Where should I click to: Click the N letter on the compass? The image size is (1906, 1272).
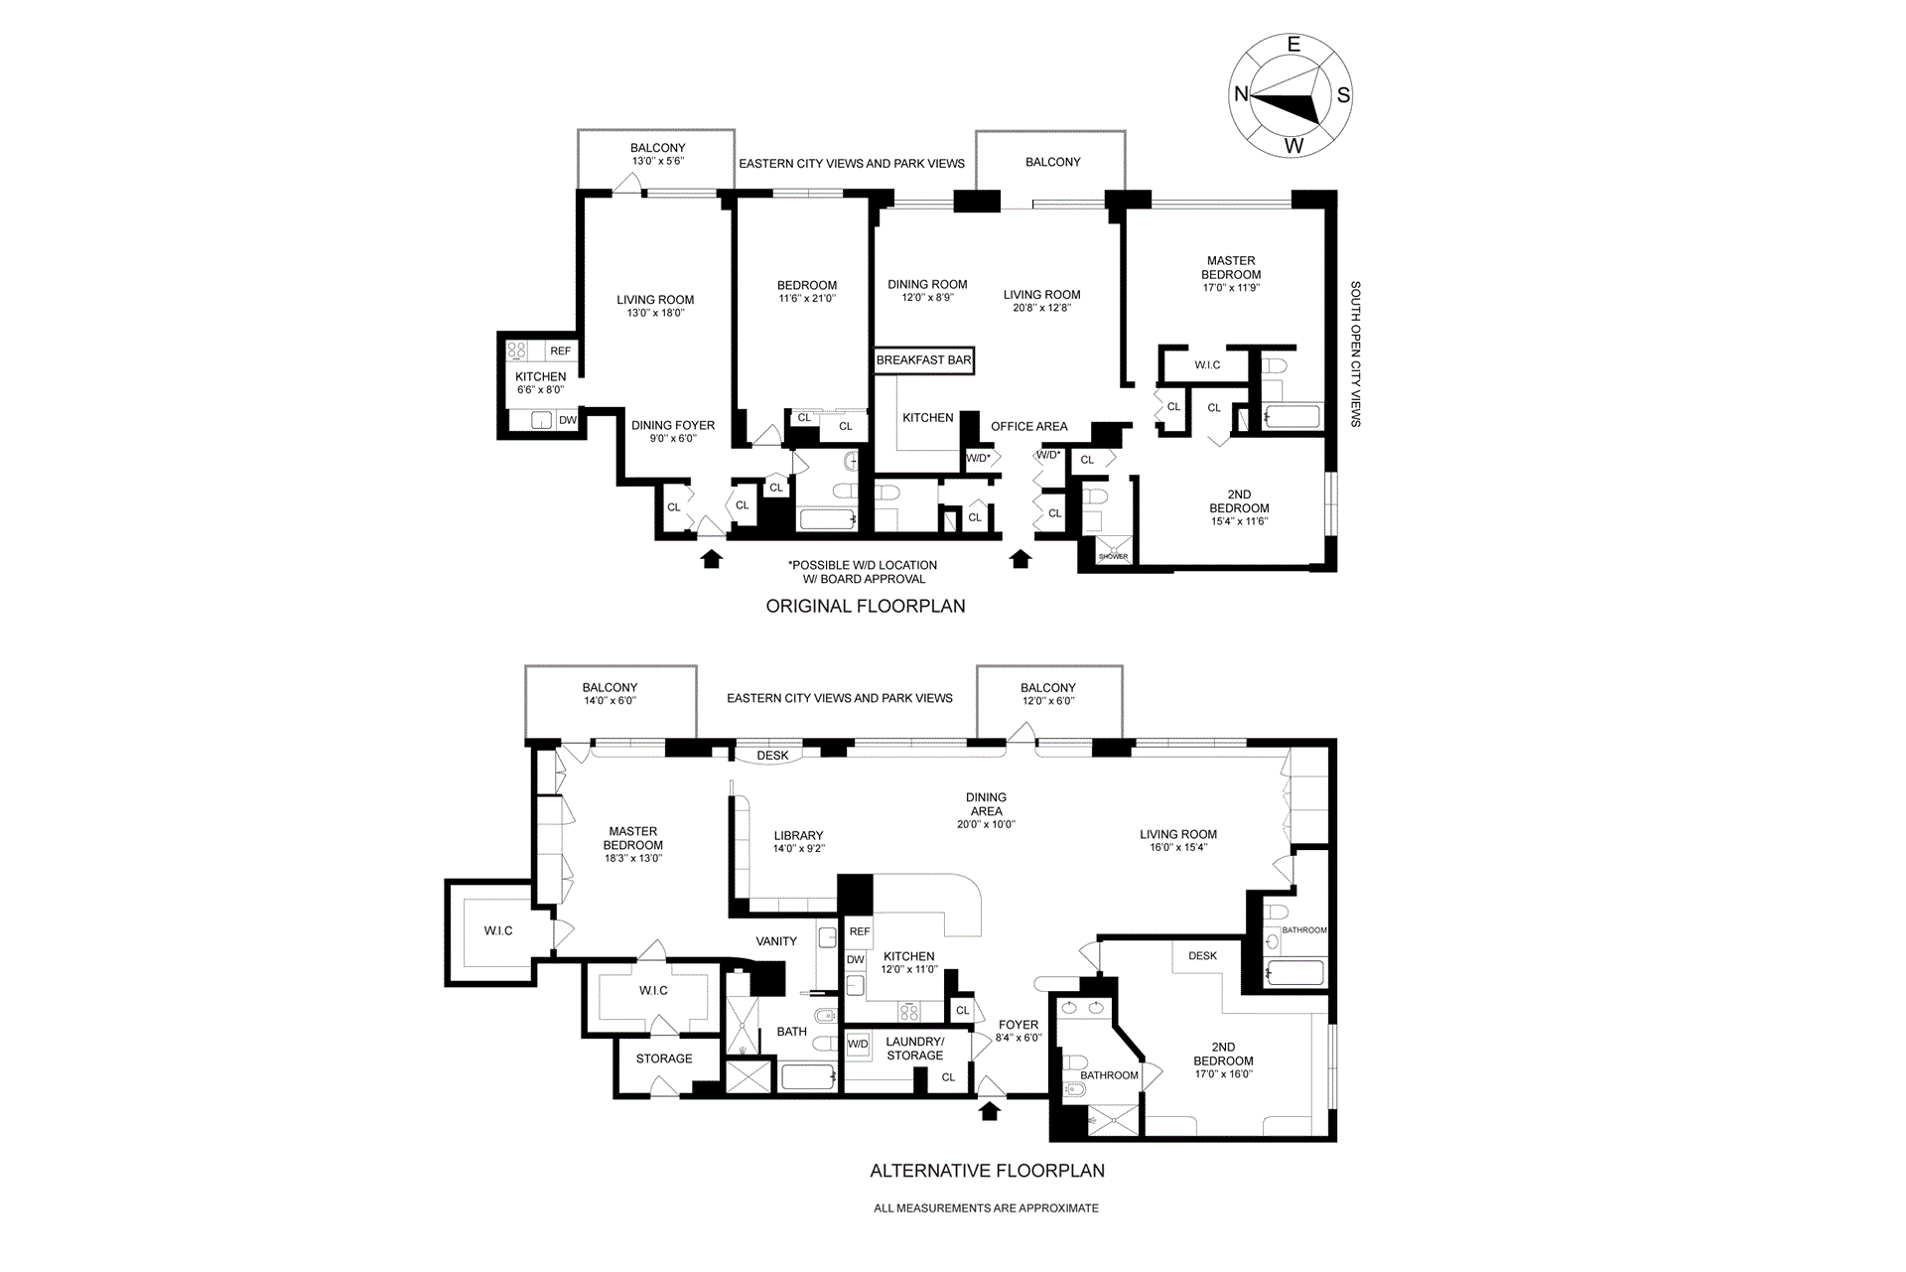pyautogui.click(x=1240, y=94)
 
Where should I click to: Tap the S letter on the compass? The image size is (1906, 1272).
pyautogui.click(x=1343, y=95)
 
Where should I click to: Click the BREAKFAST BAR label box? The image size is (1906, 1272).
pyautogui.click(x=923, y=360)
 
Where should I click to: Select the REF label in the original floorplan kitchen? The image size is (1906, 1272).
pyautogui.click(x=560, y=352)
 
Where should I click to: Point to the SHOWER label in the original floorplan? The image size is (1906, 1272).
pyautogui.click(x=1113, y=557)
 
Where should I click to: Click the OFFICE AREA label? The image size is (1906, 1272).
pyautogui.click(x=1029, y=427)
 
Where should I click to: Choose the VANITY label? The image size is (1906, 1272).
pyautogui.click(x=776, y=941)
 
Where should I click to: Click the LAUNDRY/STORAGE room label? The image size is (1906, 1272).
pyautogui.click(x=915, y=1049)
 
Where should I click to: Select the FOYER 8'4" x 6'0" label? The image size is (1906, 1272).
pyautogui.click(x=1019, y=1031)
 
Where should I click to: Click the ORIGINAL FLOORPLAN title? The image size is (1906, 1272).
pyautogui.click(x=865, y=607)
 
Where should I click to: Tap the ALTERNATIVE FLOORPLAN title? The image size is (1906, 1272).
pyautogui.click(x=987, y=1171)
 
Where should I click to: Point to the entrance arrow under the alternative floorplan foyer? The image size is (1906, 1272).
pyautogui.click(x=989, y=1111)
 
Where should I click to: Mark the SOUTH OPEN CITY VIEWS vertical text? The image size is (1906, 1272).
pyautogui.click(x=1355, y=354)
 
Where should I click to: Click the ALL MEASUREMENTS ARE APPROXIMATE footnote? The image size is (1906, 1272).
pyautogui.click(x=986, y=1208)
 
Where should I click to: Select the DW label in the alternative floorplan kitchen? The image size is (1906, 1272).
pyautogui.click(x=855, y=960)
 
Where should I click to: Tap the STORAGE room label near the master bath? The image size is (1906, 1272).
pyautogui.click(x=664, y=1059)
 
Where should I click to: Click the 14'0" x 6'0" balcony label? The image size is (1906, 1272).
pyautogui.click(x=610, y=694)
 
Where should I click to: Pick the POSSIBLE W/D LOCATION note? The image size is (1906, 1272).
pyautogui.click(x=864, y=572)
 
